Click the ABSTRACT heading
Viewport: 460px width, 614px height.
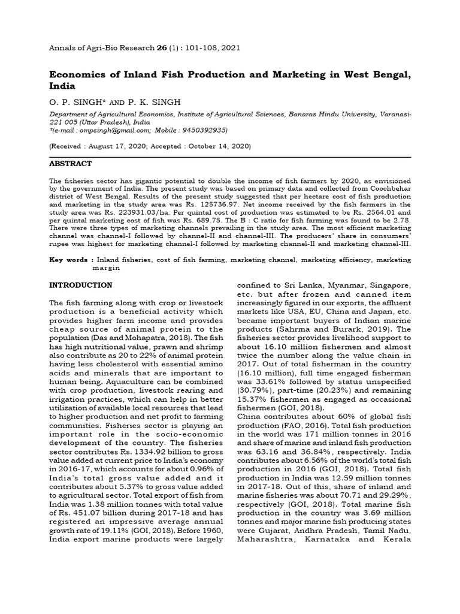(x=70, y=164)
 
